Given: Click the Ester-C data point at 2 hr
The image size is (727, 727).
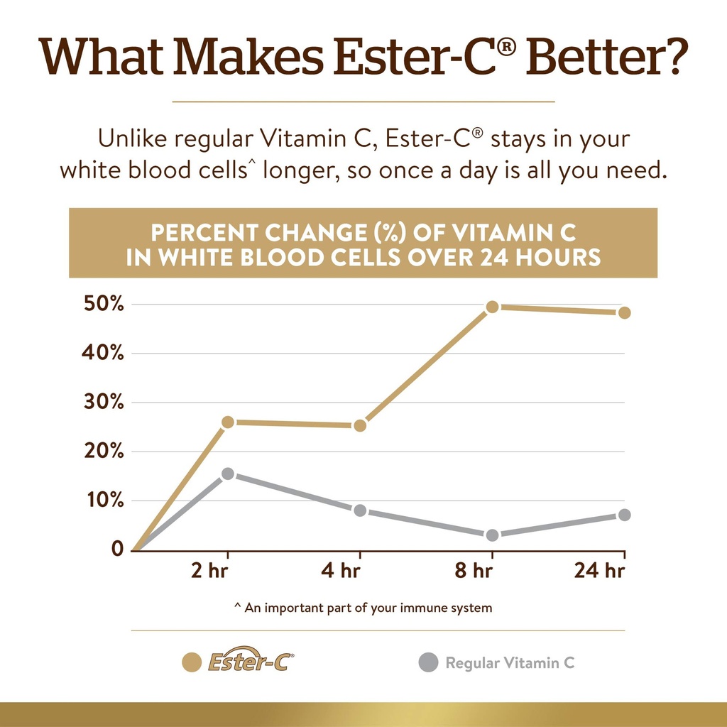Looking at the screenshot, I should point(228,422).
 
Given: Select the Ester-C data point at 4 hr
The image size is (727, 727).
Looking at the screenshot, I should point(360,425).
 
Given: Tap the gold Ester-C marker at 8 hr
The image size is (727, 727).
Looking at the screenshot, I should point(492,307).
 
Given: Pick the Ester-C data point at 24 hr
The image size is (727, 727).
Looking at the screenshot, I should point(624,312).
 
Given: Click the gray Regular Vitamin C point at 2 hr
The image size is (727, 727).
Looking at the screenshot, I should point(228,474).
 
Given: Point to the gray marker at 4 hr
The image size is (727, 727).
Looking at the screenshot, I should point(360,510).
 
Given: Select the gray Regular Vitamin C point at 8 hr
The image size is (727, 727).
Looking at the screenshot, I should point(492,535).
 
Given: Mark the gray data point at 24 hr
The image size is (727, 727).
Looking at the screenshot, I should point(624,515).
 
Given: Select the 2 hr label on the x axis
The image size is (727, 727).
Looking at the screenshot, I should point(211,572).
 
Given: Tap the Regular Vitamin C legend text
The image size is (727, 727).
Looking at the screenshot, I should point(510,663).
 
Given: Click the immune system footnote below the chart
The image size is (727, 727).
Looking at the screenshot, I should point(363,608).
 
